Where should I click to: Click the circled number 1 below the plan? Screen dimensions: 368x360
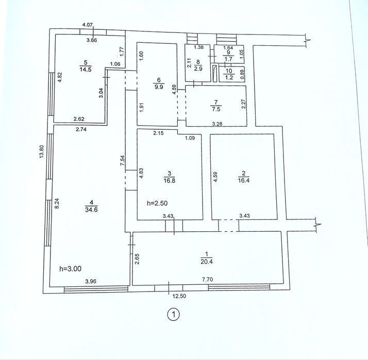coord(174,315)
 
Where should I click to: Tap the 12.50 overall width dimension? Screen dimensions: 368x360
coord(179,296)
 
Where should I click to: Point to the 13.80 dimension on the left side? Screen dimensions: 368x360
coord(42,152)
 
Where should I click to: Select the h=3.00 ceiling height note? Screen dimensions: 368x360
coord(71,268)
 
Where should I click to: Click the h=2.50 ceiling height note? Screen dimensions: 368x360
coord(157,203)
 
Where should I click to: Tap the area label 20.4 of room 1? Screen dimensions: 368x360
coord(207,262)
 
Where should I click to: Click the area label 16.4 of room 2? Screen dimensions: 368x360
coord(243,181)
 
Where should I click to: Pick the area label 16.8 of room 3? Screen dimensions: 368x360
coord(170,181)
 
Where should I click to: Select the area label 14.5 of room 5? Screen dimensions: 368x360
coord(86,70)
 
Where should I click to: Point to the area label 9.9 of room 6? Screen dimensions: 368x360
coord(159,87)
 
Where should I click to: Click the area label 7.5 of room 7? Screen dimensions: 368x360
coord(216,109)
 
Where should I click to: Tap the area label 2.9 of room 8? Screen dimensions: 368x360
coord(198,69)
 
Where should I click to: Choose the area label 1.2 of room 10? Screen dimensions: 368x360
coord(229,77)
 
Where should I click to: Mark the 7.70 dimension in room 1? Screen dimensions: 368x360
coord(208,279)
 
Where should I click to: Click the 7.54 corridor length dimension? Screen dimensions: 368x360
coord(122,161)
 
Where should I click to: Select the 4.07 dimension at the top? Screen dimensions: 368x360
coord(88,24)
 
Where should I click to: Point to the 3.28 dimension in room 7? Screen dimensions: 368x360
coord(217,124)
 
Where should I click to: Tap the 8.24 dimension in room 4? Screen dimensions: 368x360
coord(57,203)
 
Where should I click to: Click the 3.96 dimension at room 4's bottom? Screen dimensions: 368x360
coord(91,281)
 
